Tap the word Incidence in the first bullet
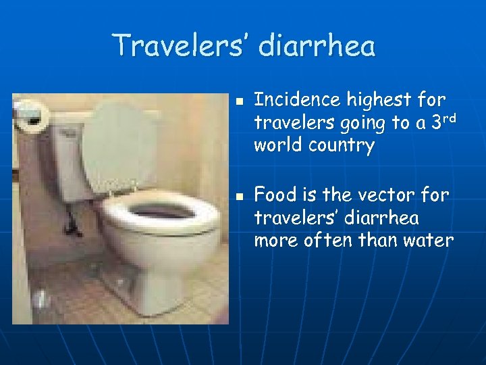pos(297,100)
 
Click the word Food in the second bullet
pos(275,195)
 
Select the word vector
pos(384,195)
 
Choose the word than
pos(378,241)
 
